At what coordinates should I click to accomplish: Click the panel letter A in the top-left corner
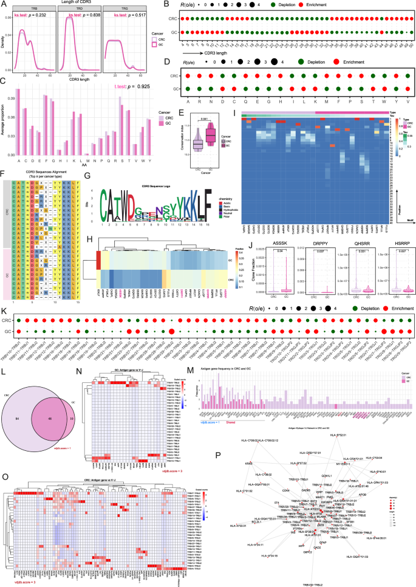pos(4,4)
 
